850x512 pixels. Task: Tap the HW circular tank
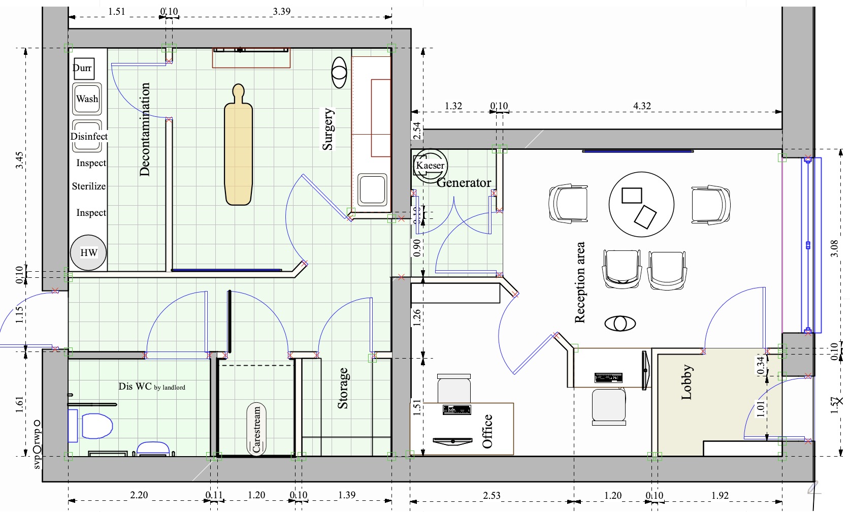point(88,252)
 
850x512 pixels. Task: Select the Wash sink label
point(87,99)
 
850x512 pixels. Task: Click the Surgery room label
point(328,129)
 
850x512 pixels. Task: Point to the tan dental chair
point(238,147)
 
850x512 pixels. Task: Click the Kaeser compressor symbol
point(430,166)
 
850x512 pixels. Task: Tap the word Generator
point(464,183)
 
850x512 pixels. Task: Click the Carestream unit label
point(256,429)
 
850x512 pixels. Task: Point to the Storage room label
point(343,389)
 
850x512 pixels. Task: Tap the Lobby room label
point(686,382)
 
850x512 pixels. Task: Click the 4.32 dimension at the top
point(642,106)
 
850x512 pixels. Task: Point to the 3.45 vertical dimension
point(19,160)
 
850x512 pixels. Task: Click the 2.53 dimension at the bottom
point(491,495)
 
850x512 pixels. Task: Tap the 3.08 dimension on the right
point(834,248)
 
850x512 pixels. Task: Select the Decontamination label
point(145,130)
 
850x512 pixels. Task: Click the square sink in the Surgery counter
point(372,189)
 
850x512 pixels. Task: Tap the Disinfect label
point(89,136)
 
